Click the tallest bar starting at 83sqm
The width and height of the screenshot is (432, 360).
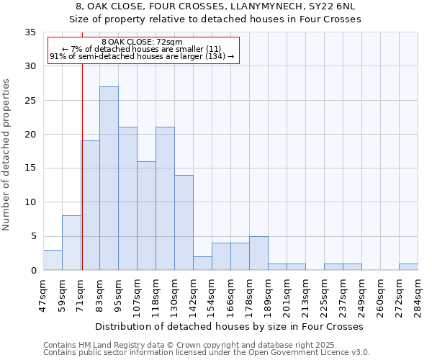[x=109, y=179]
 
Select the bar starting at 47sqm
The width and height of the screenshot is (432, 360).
[x=53, y=260]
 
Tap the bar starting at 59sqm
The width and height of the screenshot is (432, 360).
[x=71, y=243]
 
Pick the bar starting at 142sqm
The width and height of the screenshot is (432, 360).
[x=202, y=264]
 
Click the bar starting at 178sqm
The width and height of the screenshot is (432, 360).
[x=258, y=253]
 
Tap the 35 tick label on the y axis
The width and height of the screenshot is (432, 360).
[x=30, y=32]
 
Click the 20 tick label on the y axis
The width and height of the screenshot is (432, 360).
[x=30, y=135]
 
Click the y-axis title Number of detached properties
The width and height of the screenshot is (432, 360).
[x=6, y=155]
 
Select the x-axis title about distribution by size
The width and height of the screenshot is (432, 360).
[x=229, y=326]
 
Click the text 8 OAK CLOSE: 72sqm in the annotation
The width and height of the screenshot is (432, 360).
[x=143, y=42]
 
